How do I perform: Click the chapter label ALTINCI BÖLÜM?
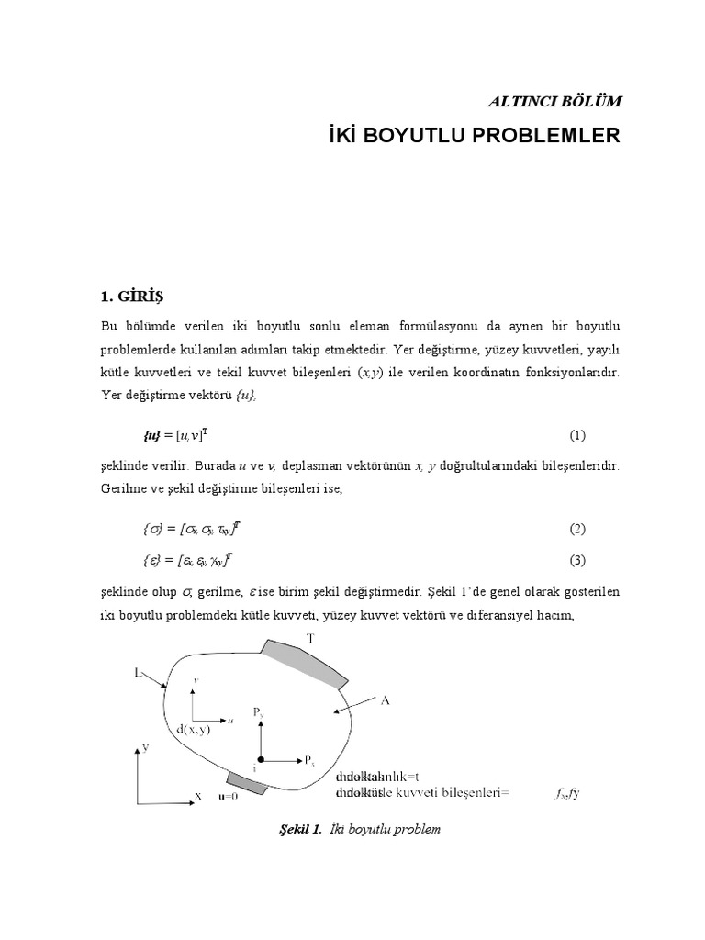547,100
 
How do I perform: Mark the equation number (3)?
576,559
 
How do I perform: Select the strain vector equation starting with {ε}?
191,559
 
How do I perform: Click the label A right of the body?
386,700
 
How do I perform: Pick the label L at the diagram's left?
138,673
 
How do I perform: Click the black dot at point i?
261,760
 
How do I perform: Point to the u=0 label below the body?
228,797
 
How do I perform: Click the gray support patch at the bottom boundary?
246,782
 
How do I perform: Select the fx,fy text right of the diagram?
567,792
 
